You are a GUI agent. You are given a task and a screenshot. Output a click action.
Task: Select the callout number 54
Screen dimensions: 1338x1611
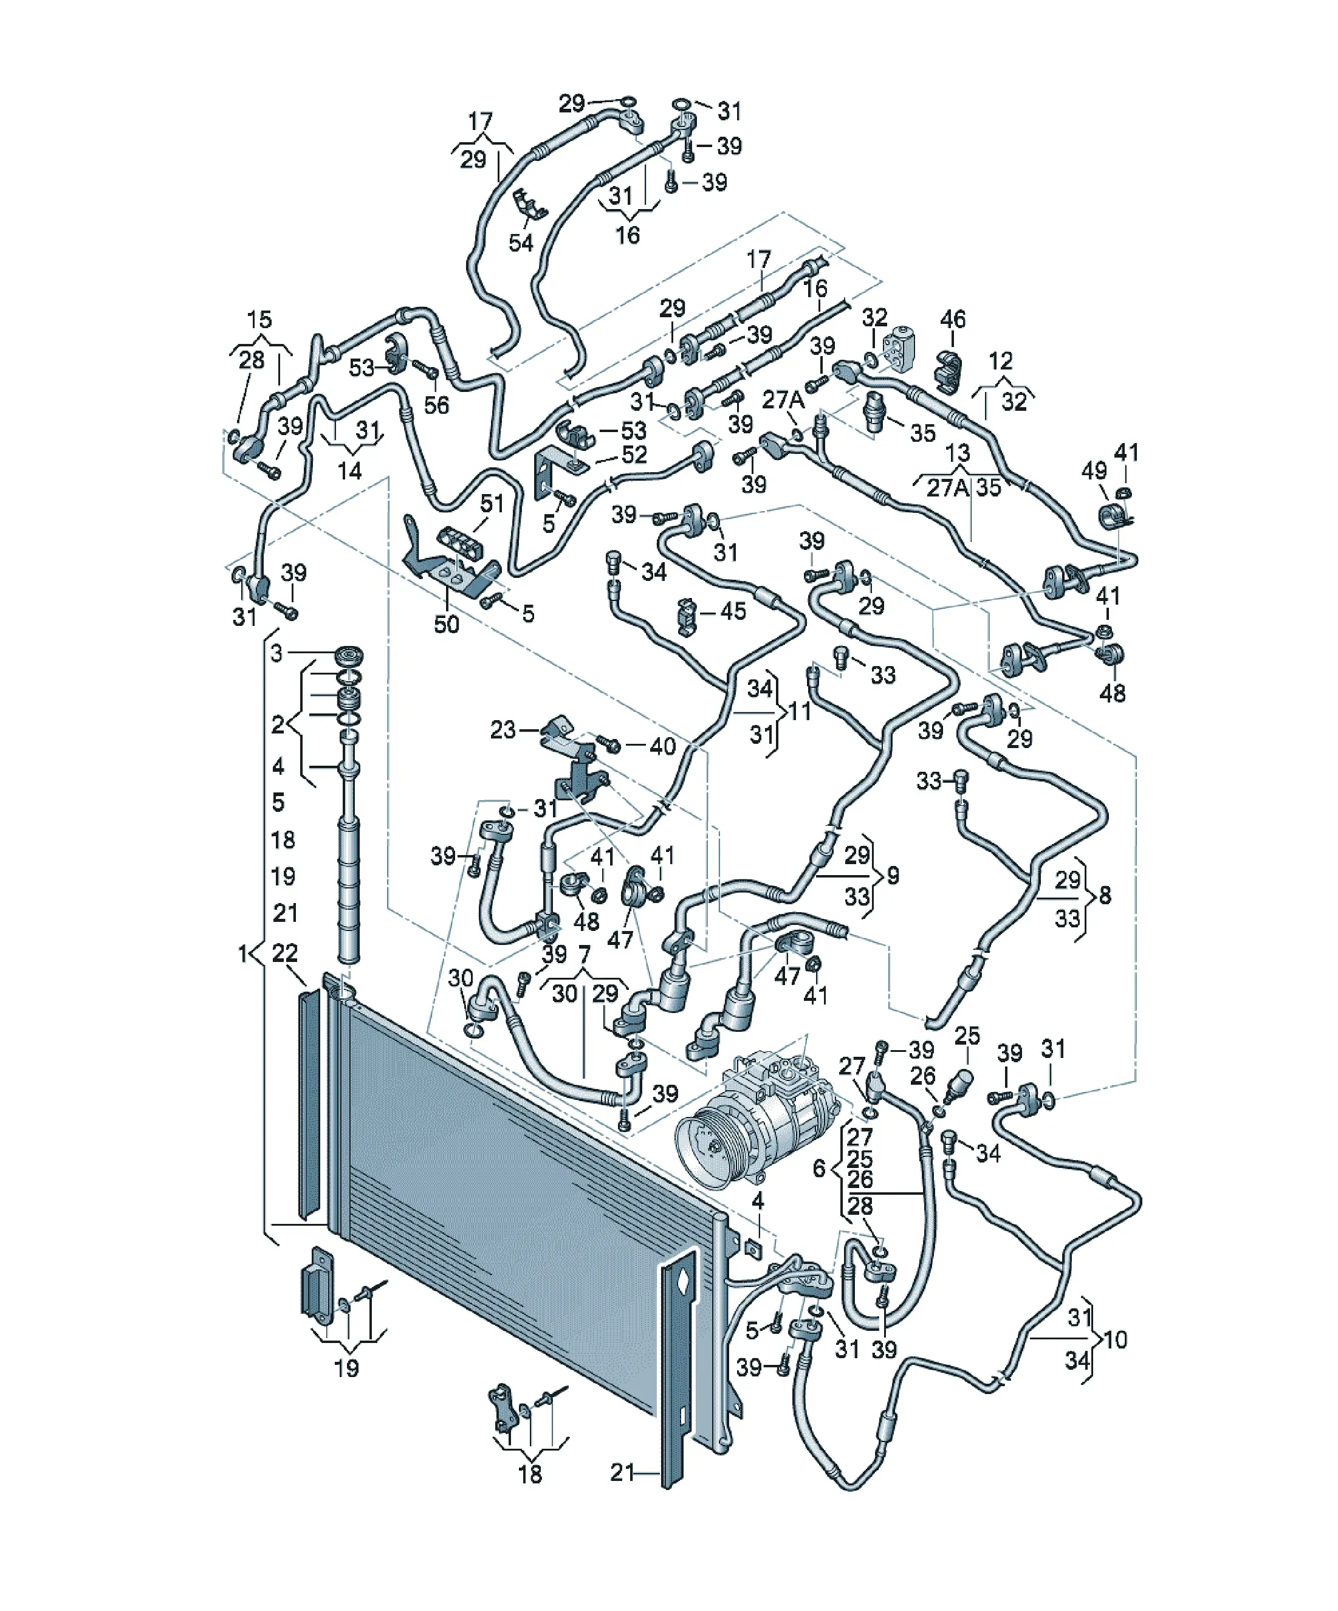coord(521,242)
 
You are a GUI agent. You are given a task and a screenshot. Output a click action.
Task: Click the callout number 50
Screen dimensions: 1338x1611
coord(447,623)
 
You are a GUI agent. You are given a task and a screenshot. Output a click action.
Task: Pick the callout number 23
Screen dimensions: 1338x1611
coord(503,730)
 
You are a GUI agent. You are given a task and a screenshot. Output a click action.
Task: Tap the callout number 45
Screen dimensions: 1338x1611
coord(733,611)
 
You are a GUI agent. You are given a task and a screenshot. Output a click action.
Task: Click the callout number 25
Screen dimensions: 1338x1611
coord(967,1036)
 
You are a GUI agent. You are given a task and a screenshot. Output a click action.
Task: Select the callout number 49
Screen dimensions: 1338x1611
coord(1094,470)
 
